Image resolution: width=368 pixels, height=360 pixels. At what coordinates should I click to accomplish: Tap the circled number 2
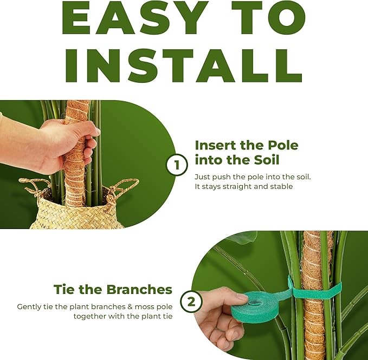click(191, 302)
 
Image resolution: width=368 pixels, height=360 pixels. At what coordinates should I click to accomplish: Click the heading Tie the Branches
click(113, 289)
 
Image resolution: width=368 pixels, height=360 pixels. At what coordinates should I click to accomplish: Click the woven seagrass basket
click(76, 214)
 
